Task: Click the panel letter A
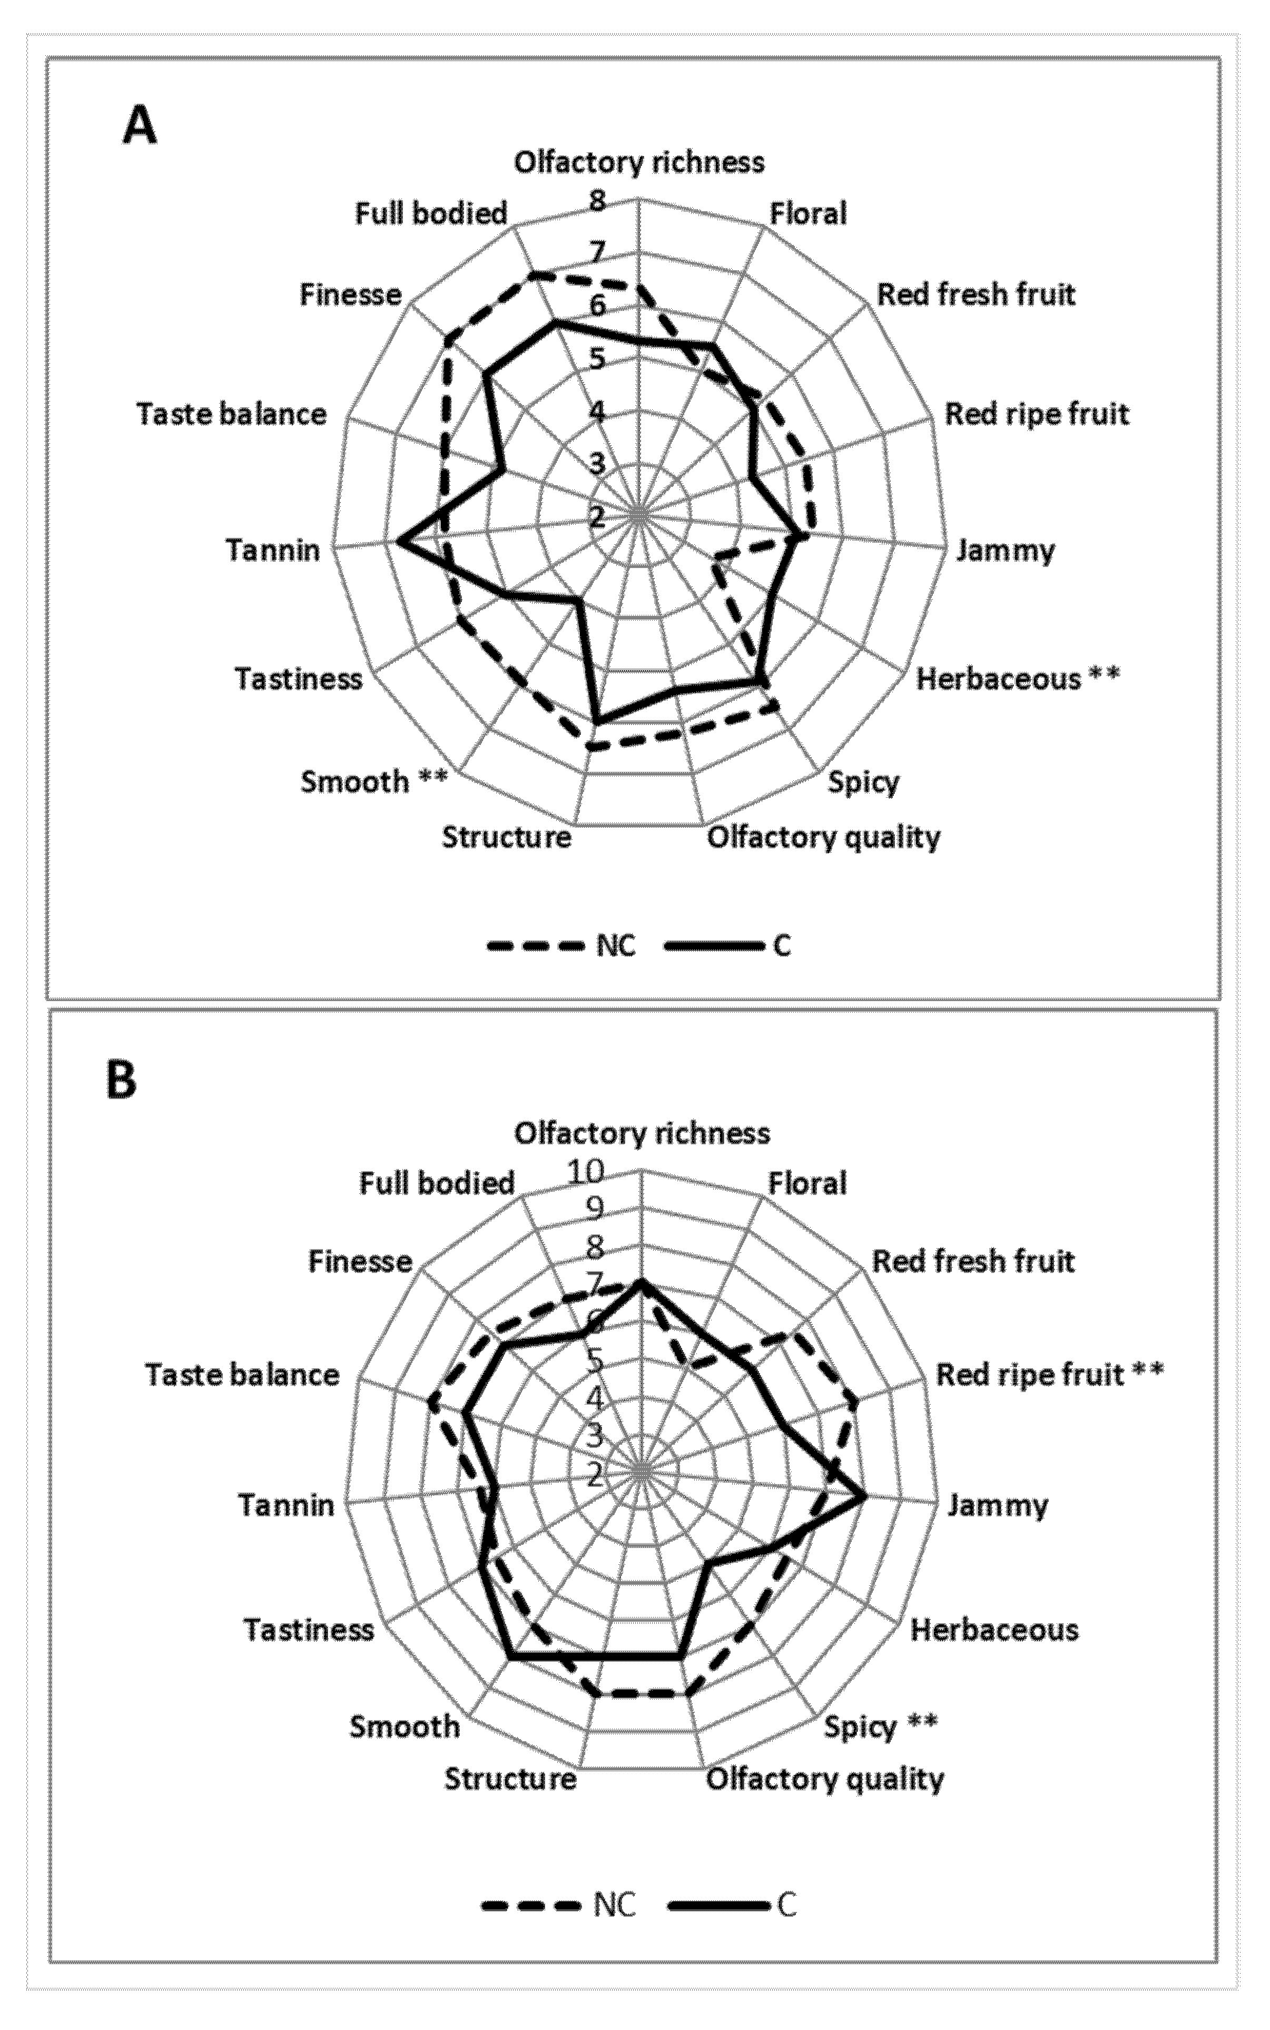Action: pos(140,128)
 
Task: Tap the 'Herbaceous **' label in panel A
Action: pos(1017,678)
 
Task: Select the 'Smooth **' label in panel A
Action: pos(374,781)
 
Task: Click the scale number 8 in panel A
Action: pos(597,202)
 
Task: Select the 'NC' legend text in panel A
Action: pos(616,946)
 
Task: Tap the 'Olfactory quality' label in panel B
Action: pos(825,1779)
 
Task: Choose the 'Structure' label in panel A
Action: pos(507,837)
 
